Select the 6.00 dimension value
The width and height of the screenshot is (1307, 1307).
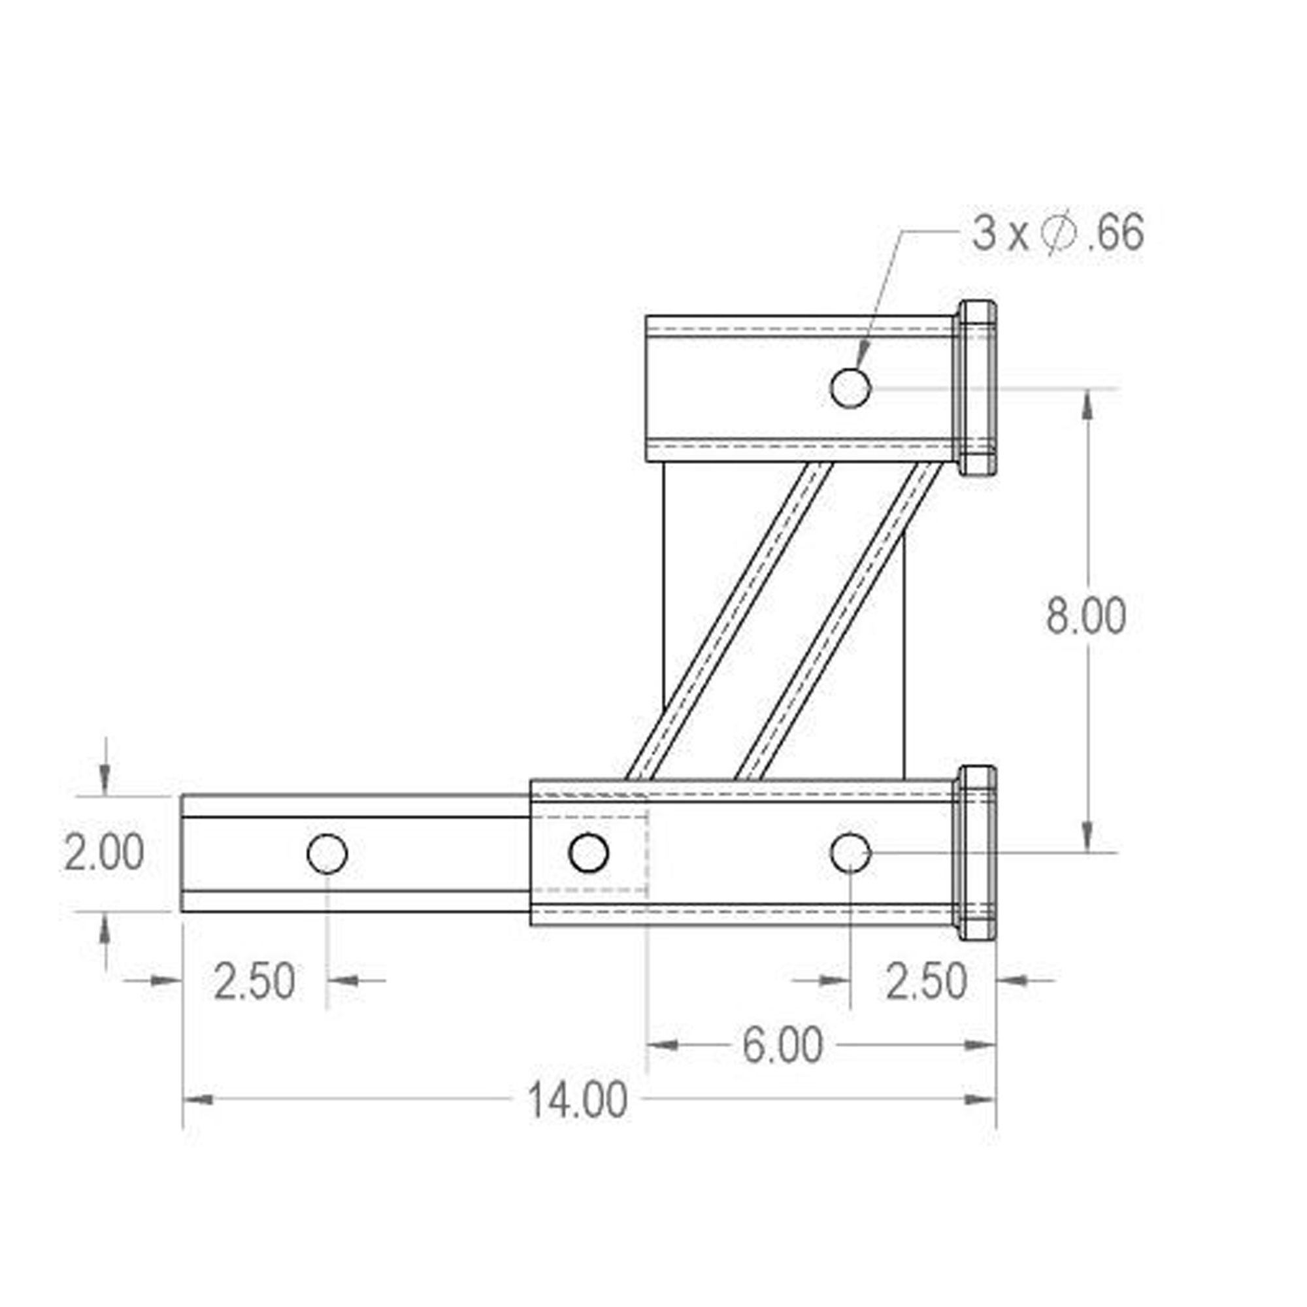coord(783,1045)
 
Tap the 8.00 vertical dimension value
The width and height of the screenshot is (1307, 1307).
coord(1085,616)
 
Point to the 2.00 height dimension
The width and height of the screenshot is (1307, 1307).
coord(104,852)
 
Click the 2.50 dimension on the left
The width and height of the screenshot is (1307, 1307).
coord(254,982)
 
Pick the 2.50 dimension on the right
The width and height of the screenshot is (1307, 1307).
coord(926,982)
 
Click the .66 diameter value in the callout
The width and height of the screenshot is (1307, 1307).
coord(1116,232)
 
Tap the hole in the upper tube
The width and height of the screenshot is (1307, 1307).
coord(850,388)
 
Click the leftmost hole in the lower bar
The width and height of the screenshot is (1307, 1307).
coord(327,853)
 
